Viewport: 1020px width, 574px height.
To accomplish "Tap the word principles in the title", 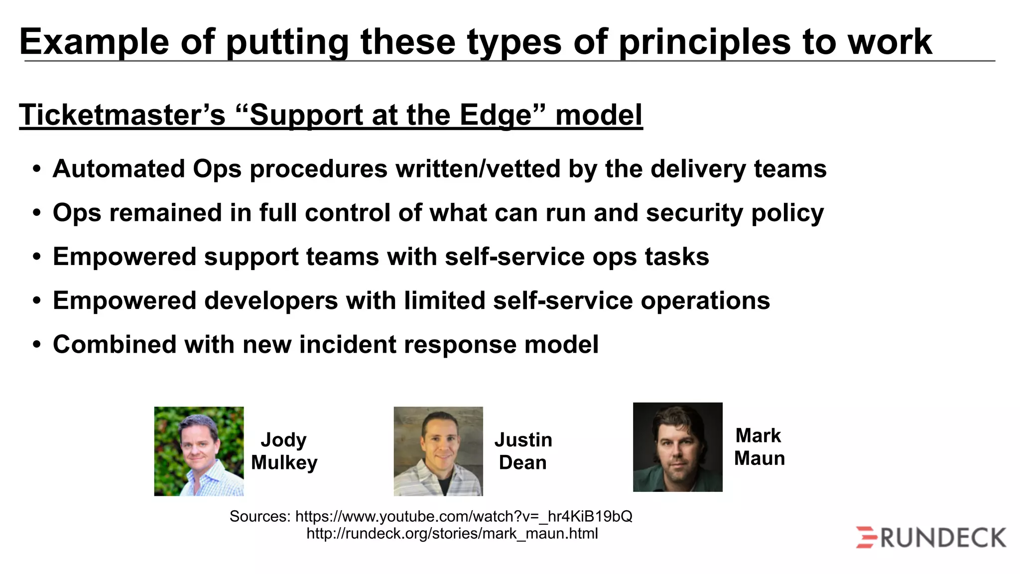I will pos(704,42).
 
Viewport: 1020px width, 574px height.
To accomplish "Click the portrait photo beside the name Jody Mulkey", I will pos(199,451).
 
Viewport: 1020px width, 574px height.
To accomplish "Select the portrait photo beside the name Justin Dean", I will pos(438,451).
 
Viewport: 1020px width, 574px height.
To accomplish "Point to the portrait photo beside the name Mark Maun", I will pos(677,447).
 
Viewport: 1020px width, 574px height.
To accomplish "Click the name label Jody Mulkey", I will pos(284,451).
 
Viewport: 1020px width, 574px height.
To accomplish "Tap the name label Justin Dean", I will pos(523,451).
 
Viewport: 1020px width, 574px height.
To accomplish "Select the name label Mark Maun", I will pos(759,447).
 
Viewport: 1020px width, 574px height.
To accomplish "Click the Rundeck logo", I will pos(931,538).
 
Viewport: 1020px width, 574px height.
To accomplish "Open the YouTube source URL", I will pos(463,516).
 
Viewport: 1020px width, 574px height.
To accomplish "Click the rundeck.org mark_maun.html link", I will pos(452,534).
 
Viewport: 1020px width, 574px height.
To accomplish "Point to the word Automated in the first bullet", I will pos(119,169).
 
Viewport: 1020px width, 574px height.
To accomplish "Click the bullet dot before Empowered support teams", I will pos(36,257).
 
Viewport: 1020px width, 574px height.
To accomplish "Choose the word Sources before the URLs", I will pos(259,516).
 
